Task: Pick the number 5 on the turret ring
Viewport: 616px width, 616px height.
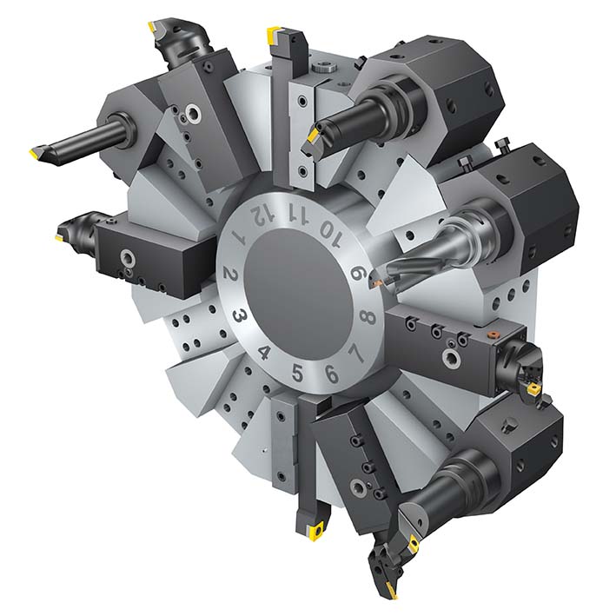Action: pyautogui.click(x=297, y=374)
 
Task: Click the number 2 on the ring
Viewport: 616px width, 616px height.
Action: pyautogui.click(x=231, y=276)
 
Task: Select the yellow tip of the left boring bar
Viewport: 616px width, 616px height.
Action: pyautogui.click(x=35, y=155)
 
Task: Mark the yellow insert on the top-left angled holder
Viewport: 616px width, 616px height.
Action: pyautogui.click(x=154, y=29)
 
